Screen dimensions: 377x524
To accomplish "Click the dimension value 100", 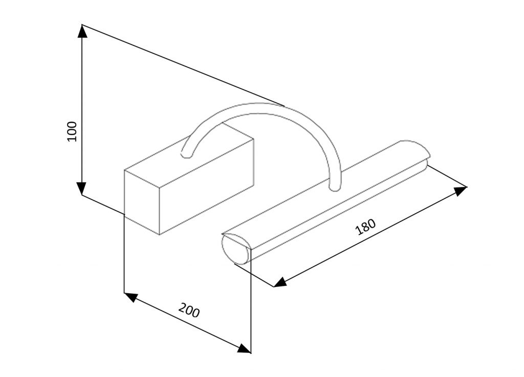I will pos(72,131).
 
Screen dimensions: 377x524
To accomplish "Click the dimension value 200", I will pos(189,311).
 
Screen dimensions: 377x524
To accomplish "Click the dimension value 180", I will pos(365,227).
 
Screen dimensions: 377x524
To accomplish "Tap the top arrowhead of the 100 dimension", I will pos(82,31).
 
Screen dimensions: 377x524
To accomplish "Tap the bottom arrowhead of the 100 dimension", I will pos(82,188).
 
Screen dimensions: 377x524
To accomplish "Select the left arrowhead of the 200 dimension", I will pos(131,296).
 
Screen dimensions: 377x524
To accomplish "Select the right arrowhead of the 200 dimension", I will pos(244,349).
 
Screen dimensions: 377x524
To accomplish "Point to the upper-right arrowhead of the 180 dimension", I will pos(460,190).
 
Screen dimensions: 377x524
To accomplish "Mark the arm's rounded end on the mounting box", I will pos(186,153).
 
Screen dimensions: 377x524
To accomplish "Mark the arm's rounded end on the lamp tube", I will pos(335,187).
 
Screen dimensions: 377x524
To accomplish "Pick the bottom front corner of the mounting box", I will pos(160,234).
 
